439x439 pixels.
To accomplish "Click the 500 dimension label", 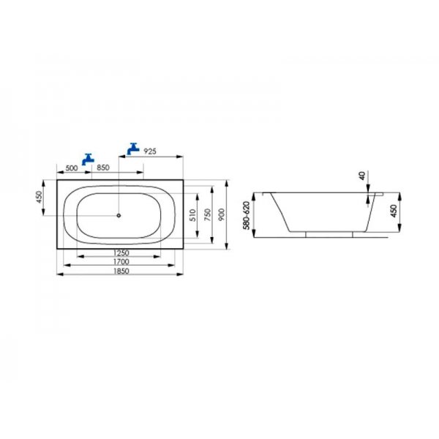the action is (x=72, y=168).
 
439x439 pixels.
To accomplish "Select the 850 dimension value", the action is (x=103, y=168).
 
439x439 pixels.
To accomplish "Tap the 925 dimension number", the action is (x=150, y=151).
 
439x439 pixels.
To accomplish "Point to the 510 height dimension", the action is (x=192, y=215).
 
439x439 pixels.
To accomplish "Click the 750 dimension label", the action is (x=208, y=214).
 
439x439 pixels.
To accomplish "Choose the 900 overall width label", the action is (x=222, y=214).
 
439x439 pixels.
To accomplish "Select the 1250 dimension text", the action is (x=121, y=253).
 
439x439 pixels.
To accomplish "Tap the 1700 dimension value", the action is (x=121, y=262).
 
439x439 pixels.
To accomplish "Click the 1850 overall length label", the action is (x=121, y=271).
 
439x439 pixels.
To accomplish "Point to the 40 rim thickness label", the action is (x=362, y=176).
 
